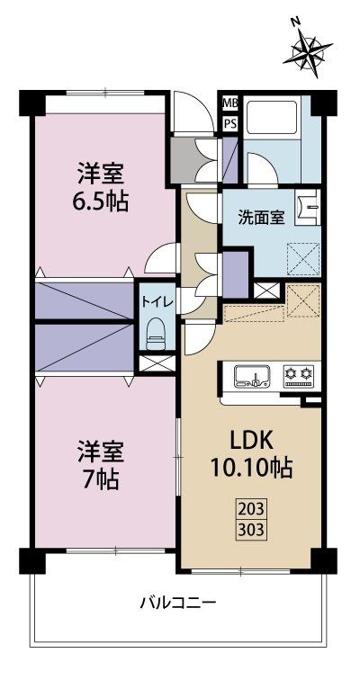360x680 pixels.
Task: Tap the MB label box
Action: (230, 103)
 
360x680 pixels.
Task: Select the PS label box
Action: (230, 123)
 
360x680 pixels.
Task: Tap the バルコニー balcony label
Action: (179, 602)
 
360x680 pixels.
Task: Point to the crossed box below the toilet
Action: (153, 363)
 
